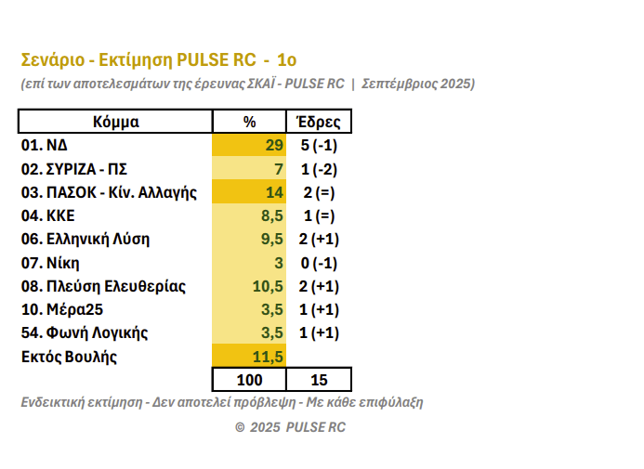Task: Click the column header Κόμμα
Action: (x=115, y=122)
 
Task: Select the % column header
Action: (x=249, y=122)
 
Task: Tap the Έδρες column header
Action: (x=318, y=122)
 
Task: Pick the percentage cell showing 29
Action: (x=273, y=146)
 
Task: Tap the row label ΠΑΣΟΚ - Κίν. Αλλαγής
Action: (x=110, y=192)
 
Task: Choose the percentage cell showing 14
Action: (x=273, y=192)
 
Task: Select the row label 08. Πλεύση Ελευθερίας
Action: (x=103, y=285)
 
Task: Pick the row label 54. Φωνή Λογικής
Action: (x=85, y=332)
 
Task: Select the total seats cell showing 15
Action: (x=318, y=380)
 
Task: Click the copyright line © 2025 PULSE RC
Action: (x=290, y=427)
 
